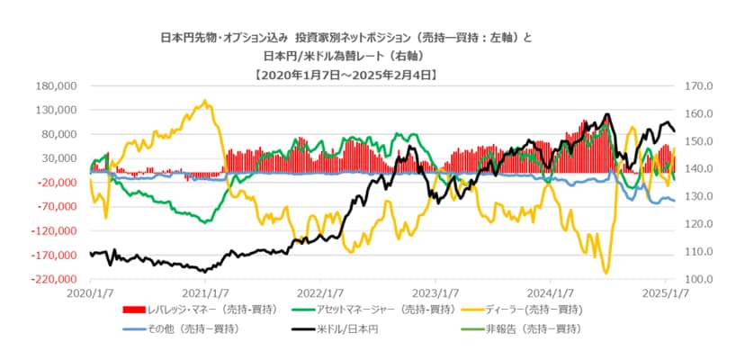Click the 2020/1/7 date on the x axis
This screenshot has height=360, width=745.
pos(90,292)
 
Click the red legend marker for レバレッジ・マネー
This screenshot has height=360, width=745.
pos(144,310)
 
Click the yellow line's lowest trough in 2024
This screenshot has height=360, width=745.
pos(606,272)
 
